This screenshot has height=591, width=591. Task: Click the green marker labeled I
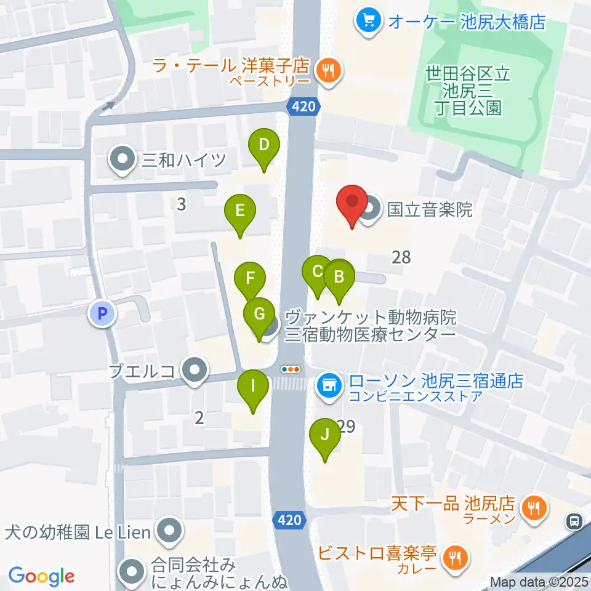[253, 388]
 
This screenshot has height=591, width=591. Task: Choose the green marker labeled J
[325, 435]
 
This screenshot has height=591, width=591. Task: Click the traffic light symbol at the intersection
[291, 369]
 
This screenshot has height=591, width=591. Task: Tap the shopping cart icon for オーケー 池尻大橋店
[368, 23]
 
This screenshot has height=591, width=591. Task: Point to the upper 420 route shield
[304, 107]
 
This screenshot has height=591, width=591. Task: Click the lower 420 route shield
[289, 521]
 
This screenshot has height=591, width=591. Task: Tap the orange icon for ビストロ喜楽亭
[456, 558]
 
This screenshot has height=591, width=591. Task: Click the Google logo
[41, 576]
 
